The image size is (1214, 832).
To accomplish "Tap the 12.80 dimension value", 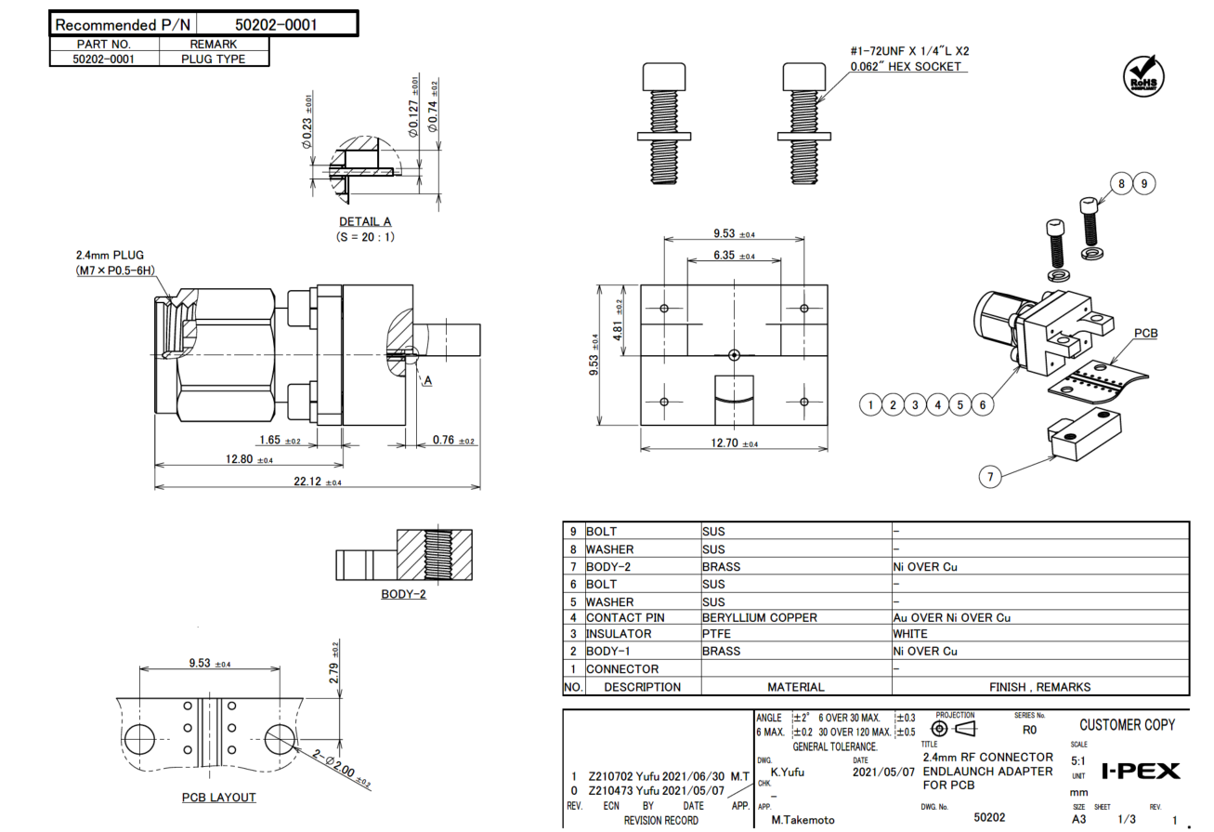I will click(239, 458).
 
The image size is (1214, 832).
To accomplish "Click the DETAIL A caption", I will click(365, 221).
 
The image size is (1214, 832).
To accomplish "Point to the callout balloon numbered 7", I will click(991, 477).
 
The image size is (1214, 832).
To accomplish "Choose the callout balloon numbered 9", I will click(1143, 184).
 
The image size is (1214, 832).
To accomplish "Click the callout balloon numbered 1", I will click(870, 404).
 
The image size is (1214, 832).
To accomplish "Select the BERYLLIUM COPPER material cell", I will click(759, 617).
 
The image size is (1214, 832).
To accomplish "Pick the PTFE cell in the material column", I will click(716, 634).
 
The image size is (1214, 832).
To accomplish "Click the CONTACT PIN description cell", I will click(625, 617).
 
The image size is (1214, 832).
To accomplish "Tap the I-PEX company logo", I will click(1140, 771).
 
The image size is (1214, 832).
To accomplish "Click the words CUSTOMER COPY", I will click(1127, 725).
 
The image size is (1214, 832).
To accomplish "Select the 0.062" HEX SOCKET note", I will click(906, 67).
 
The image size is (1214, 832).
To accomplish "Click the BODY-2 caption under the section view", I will click(403, 594).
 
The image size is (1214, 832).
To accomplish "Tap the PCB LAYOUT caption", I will click(218, 798).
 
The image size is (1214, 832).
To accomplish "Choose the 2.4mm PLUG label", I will click(110, 255).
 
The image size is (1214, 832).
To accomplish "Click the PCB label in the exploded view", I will click(1145, 333).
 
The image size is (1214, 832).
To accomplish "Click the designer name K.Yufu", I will click(788, 771).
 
